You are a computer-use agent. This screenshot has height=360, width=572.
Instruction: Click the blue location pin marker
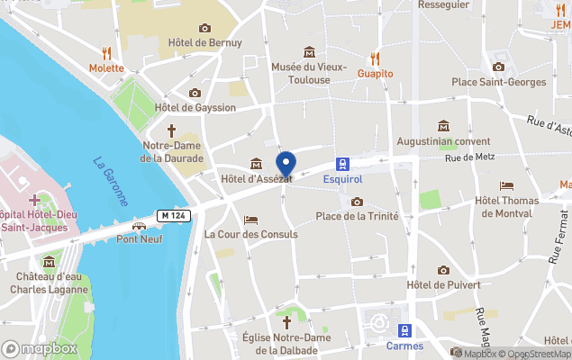[x=286, y=166]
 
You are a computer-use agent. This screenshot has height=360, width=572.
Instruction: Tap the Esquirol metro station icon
[x=343, y=163]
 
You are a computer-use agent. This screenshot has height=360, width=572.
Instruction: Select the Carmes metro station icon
[x=404, y=330]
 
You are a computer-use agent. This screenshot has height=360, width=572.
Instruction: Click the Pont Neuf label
[x=139, y=238]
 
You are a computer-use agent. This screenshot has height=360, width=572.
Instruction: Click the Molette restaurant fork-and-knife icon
[x=106, y=52]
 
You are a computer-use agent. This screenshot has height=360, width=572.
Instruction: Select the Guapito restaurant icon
[x=375, y=58]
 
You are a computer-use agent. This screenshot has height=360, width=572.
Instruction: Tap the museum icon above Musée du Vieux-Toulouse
[x=309, y=51]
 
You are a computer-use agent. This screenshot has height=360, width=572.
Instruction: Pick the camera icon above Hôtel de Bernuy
[x=204, y=28]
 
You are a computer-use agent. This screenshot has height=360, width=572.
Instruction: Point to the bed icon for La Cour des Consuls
[x=250, y=220]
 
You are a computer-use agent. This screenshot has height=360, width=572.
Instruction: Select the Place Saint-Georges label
[x=498, y=82]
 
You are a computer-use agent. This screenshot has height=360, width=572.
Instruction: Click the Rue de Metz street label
[x=472, y=159]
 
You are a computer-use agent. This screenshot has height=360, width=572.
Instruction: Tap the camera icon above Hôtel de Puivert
[x=443, y=270]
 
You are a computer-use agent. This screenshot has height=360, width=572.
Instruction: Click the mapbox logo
[x=40, y=347]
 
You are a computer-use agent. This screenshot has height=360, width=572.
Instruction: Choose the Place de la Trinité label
[x=358, y=216]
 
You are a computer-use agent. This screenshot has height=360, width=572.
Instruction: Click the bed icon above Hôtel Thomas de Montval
[x=506, y=185]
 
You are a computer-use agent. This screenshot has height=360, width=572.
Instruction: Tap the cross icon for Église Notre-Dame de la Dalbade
[x=287, y=321]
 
